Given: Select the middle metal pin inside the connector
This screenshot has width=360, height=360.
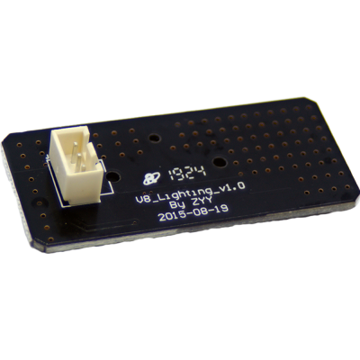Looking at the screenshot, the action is (79, 160).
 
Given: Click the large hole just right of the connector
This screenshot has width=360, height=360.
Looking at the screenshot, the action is (113, 176).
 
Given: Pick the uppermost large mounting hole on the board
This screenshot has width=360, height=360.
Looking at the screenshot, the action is (155, 139).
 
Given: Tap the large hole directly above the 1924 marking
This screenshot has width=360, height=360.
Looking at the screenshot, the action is (218, 162).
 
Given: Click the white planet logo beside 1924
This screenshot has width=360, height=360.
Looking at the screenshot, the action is (150, 178).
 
